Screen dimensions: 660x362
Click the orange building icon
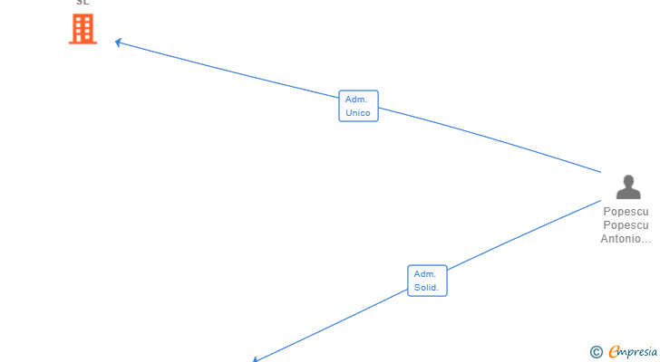[82, 29]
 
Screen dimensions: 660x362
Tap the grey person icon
[627, 186]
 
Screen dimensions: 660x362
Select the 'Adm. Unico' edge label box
[358, 106]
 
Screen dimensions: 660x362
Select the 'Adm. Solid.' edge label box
[427, 281]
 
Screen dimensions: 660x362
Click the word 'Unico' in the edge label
[358, 113]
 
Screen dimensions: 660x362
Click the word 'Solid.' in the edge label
[427, 288]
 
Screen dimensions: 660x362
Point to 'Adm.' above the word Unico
[355, 99]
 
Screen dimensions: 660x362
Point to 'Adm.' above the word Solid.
[425, 273]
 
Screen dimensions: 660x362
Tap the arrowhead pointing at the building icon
[118, 42]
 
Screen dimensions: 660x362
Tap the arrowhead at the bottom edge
[256, 359]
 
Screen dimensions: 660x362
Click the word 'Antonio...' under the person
[626, 239]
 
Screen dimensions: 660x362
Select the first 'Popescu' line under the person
[626, 212]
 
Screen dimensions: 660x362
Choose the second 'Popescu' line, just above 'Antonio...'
[626, 225]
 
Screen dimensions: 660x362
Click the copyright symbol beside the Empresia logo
[596, 352]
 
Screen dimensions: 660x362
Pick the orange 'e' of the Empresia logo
[614, 352]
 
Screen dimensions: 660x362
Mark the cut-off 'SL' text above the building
[82, 3]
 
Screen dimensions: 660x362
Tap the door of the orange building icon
[82, 39]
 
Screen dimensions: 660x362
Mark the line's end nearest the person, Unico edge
[600, 171]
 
